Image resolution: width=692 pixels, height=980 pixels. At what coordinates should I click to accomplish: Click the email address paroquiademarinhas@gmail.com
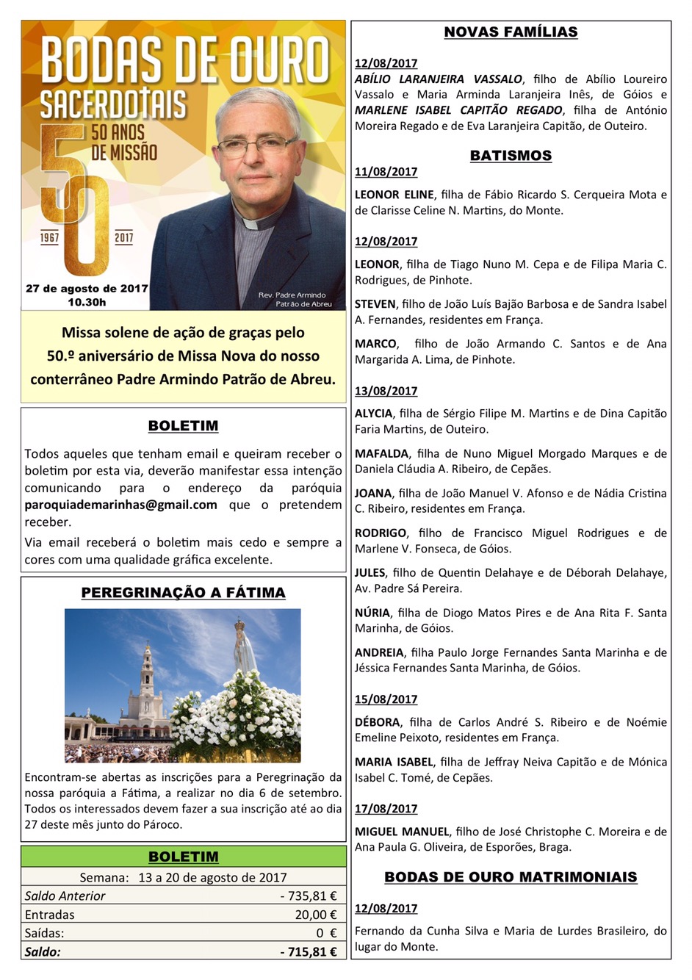(120, 505)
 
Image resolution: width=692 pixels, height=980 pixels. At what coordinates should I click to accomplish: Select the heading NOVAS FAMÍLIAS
(511, 32)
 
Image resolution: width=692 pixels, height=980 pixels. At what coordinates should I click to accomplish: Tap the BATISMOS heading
(511, 156)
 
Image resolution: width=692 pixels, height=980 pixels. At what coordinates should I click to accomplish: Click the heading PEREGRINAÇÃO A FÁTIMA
(183, 593)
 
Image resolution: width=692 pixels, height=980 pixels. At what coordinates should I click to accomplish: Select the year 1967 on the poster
(50, 238)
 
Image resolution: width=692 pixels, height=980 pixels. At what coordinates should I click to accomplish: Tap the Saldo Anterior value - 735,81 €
(308, 896)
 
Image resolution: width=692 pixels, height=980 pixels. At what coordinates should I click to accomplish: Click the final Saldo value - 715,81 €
(309, 951)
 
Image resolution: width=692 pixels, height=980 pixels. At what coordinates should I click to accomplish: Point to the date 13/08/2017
(386, 391)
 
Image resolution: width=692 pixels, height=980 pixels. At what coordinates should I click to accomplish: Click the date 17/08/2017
(386, 808)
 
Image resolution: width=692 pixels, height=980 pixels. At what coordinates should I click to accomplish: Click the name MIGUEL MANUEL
(402, 832)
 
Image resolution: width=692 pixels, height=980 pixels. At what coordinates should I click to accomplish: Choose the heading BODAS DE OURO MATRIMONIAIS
(511, 877)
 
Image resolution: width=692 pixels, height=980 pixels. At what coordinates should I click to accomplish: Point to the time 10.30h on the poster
(87, 302)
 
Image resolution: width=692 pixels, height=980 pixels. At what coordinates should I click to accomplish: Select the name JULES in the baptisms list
(370, 573)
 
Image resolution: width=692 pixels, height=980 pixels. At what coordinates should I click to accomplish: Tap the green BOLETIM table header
(183, 857)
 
